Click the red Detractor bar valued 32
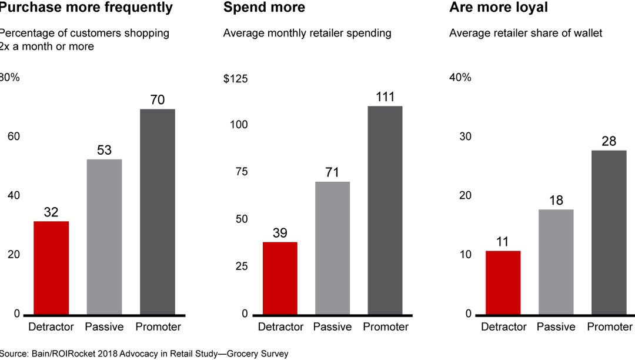coord(51,268)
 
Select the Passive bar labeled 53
coord(104,236)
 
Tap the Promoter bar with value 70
coord(157,212)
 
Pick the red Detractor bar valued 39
coord(279,278)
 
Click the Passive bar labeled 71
coord(332,248)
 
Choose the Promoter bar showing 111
coord(385,210)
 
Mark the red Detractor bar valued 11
coord(503,282)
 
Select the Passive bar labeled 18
coord(556,262)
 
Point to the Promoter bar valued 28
coord(609,232)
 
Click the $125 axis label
coord(235,78)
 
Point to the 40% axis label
coord(460,78)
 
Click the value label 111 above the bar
coord(385,97)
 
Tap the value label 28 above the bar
coord(609,141)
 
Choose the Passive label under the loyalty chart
coord(556,327)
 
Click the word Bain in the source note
coord(42,354)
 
